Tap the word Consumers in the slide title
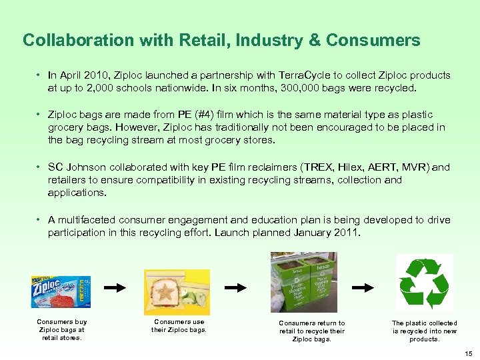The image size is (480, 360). pyautogui.click(x=373, y=41)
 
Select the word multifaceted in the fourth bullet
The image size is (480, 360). pyautogui.click(x=90, y=220)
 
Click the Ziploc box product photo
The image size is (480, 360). pyautogui.click(x=60, y=292)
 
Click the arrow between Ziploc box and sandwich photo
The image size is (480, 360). pyautogui.click(x=116, y=288)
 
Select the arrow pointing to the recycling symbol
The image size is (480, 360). pyautogui.click(x=363, y=287)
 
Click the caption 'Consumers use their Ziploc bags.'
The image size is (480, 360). pyautogui.click(x=179, y=326)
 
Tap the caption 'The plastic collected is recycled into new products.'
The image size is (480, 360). pyautogui.click(x=424, y=331)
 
